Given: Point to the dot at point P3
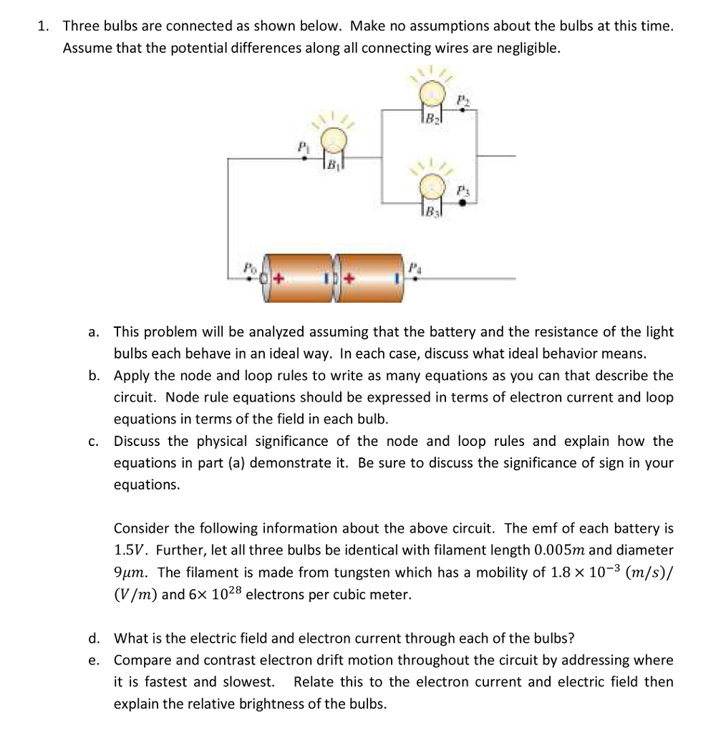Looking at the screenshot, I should [463, 203].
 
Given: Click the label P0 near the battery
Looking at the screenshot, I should [248, 266].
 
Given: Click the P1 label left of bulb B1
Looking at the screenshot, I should [303, 145].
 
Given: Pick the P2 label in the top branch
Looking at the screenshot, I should [463, 97].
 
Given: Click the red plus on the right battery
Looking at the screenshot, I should [349, 276].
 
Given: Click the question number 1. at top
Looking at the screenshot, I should [44, 26].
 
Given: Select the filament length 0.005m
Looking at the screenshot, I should [551, 551].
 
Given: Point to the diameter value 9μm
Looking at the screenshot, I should [129, 573].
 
